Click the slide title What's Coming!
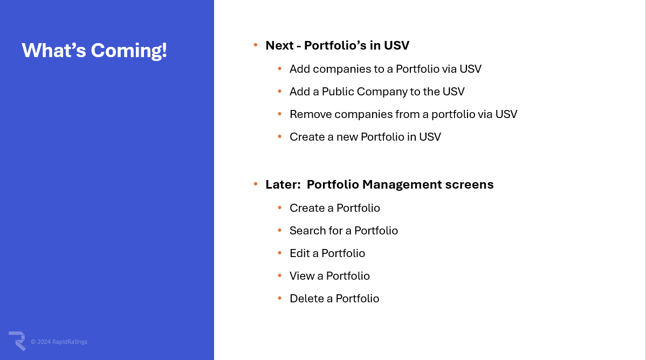click(x=94, y=50)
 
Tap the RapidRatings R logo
click(x=17, y=341)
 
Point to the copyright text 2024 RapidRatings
click(x=59, y=342)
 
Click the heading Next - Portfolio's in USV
click(x=338, y=45)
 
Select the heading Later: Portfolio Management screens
click(x=380, y=184)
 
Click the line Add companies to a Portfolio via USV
click(x=385, y=69)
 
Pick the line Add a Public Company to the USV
click(x=377, y=92)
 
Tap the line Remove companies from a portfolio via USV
click(x=403, y=114)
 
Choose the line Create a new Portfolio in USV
click(x=365, y=137)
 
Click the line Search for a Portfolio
click(x=343, y=231)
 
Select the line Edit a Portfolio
click(x=327, y=253)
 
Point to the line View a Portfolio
click(x=329, y=276)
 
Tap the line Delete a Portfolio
click(x=334, y=299)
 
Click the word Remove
click(x=311, y=114)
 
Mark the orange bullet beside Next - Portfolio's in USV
click(x=256, y=45)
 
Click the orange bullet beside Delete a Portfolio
click(x=280, y=298)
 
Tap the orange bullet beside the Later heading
click(x=256, y=183)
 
